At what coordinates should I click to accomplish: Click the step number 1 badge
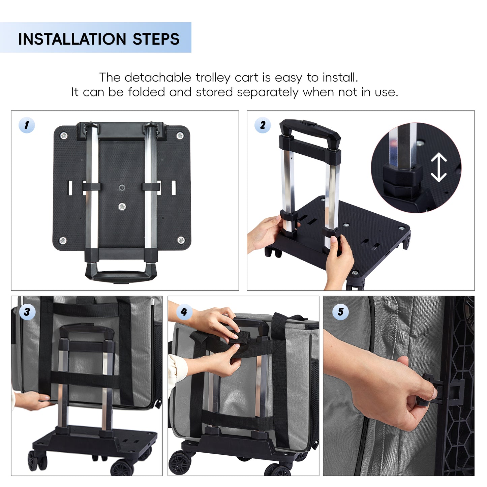[x=27, y=125]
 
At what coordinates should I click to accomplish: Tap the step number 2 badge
[x=263, y=125]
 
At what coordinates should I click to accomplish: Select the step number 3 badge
[x=27, y=312]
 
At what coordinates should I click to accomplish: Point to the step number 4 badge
[x=184, y=312]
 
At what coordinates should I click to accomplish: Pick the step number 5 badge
[x=340, y=312]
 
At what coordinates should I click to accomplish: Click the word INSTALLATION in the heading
[x=72, y=39]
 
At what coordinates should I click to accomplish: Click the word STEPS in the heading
[x=156, y=39]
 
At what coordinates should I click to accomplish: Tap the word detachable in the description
[x=158, y=77]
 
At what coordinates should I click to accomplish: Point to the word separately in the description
[x=268, y=92]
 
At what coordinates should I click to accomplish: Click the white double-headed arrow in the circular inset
[x=439, y=167]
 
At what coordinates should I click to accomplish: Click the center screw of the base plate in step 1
[x=122, y=206]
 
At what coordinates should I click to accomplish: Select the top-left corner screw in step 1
[x=63, y=135]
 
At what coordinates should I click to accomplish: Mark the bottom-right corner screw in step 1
[x=181, y=240]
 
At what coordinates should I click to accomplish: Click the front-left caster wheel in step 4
[x=180, y=462]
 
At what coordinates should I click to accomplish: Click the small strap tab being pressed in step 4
[x=239, y=338]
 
